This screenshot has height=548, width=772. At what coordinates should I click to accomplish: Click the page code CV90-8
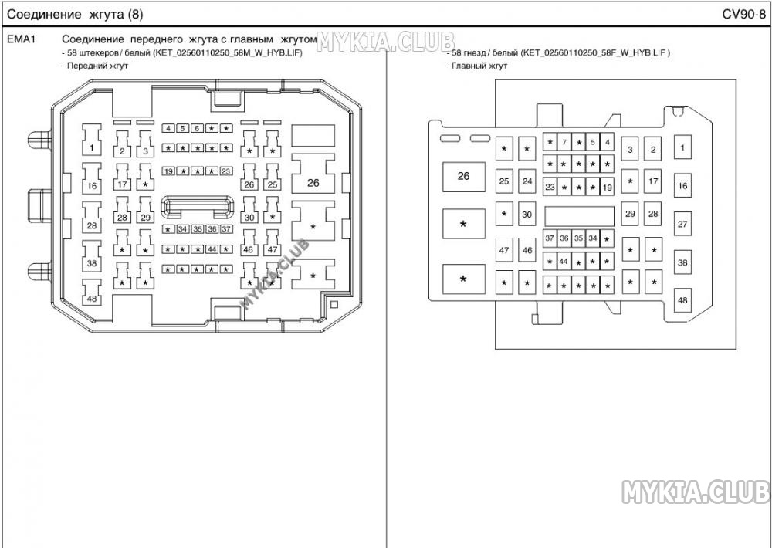point(743,14)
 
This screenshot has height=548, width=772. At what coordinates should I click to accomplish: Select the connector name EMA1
point(21,39)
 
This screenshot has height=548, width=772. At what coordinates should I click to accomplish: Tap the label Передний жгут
point(97,66)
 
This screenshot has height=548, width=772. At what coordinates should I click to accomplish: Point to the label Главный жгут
point(479,66)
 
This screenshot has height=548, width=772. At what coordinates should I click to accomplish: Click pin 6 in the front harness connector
point(197,128)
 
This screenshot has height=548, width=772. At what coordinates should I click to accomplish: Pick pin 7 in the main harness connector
point(564,142)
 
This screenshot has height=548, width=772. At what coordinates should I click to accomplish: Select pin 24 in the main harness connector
point(527,181)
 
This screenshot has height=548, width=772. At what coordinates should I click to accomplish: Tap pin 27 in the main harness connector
point(682,224)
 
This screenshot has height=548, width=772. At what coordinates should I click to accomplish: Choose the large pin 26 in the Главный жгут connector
point(464,176)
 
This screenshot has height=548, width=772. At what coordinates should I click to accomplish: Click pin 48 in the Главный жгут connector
point(682,299)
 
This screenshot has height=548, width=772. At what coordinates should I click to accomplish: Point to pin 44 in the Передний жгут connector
point(212,249)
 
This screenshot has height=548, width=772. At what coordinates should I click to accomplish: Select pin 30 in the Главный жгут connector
point(527,214)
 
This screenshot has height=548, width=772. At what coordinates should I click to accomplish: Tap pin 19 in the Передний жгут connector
point(169,171)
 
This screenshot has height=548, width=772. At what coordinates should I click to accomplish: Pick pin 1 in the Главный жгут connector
point(682,147)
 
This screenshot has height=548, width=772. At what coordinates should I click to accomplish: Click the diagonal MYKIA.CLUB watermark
point(274,274)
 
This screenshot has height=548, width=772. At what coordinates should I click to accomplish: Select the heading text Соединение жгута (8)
point(75,14)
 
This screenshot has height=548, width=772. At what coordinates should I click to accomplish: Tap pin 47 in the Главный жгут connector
point(504,250)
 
